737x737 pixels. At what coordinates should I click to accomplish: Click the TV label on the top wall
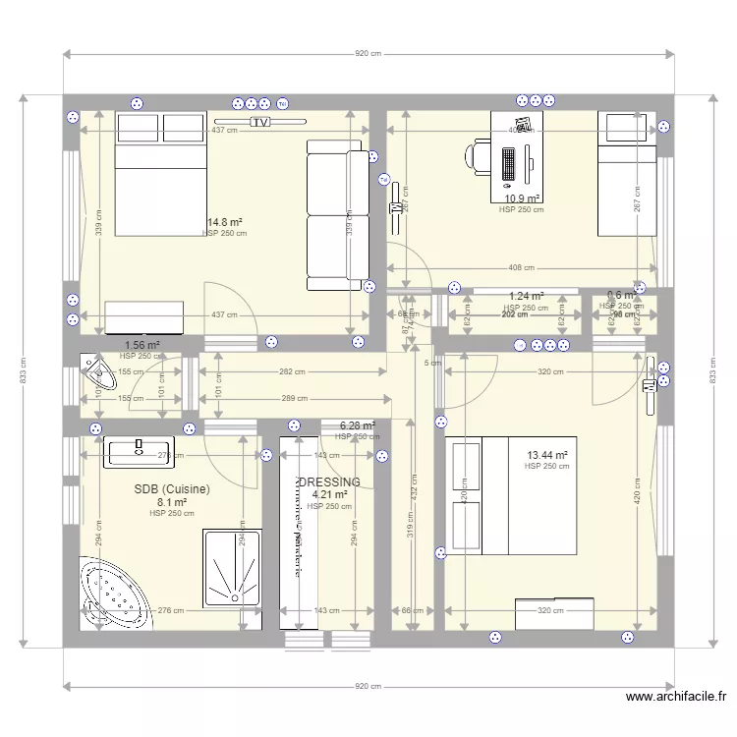(x=259, y=123)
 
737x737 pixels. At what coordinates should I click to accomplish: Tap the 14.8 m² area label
(x=224, y=222)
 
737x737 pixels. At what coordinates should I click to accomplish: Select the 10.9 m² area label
(x=521, y=198)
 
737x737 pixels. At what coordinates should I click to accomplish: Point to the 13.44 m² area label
(x=547, y=455)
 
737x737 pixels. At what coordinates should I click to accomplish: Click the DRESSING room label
(x=329, y=482)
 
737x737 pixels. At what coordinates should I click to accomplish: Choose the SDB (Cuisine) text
(x=172, y=488)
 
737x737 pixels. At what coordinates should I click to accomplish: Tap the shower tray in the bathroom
(x=233, y=568)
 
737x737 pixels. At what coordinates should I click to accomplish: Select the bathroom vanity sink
(x=139, y=451)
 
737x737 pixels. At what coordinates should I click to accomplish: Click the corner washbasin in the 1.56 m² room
(x=98, y=371)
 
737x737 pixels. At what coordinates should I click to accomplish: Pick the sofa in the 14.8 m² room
(x=335, y=215)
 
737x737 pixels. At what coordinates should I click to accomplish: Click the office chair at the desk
(x=480, y=156)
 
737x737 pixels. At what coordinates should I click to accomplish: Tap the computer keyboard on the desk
(x=508, y=163)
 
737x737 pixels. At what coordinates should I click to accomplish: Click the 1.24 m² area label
(x=526, y=296)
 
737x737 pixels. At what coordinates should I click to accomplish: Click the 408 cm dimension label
(x=522, y=267)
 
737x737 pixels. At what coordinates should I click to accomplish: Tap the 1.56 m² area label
(x=142, y=345)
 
